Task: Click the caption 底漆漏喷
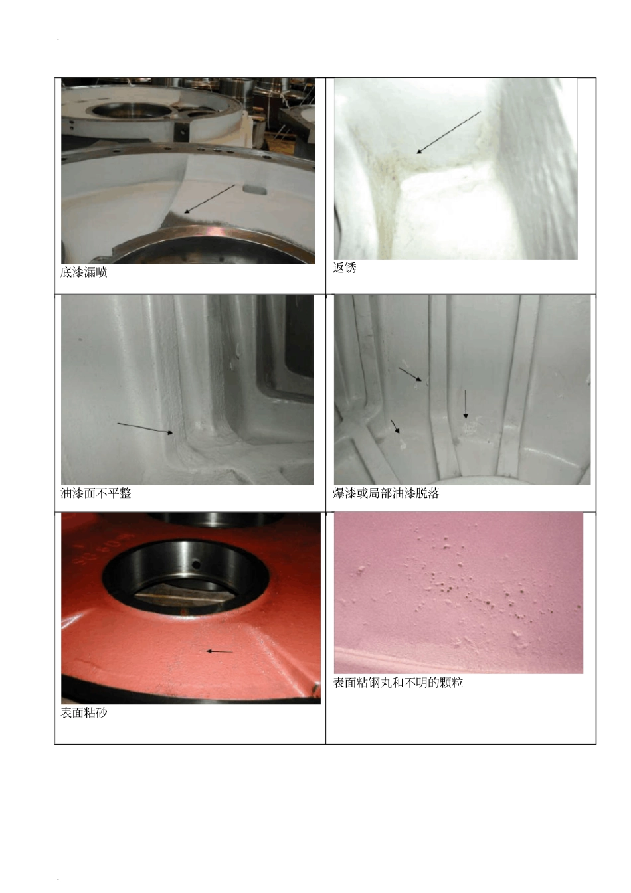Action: pyautogui.click(x=84, y=272)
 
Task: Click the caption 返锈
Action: pyautogui.click(x=344, y=268)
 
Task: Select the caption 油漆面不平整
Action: pyautogui.click(x=96, y=493)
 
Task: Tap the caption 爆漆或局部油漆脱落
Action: pyautogui.click(x=386, y=493)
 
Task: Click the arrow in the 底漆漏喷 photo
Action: pyautogui.click(x=209, y=199)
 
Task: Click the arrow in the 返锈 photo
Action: pyautogui.click(x=449, y=132)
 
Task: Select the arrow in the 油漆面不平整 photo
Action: pyautogui.click(x=145, y=428)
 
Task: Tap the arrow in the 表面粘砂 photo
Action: pyautogui.click(x=219, y=651)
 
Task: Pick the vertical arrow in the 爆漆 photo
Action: pyautogui.click(x=465, y=404)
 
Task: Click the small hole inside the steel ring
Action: pyautogui.click(x=196, y=564)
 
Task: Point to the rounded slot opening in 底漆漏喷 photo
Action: pyautogui.click(x=254, y=189)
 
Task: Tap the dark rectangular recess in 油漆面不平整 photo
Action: pyautogui.click(x=293, y=351)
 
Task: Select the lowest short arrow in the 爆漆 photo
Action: pyautogui.click(x=395, y=426)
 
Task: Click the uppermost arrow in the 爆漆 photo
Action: pyautogui.click(x=410, y=374)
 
